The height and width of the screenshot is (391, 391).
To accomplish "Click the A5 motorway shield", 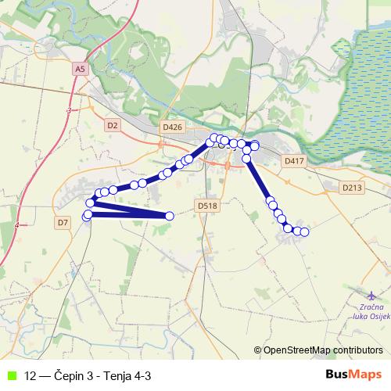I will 81,69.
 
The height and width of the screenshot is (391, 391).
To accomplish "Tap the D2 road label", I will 112,124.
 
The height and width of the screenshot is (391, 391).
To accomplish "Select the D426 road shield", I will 172,127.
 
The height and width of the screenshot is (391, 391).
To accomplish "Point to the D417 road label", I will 293,160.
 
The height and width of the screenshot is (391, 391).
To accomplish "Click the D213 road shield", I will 353,188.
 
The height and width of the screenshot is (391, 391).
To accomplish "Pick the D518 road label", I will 206,206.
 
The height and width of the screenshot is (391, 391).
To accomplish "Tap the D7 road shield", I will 63,223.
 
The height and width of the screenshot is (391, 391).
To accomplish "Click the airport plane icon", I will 371,296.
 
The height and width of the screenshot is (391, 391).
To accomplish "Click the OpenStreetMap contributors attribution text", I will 322,350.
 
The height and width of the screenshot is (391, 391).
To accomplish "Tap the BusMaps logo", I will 353,375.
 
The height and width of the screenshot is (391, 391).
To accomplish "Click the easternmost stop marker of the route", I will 305,232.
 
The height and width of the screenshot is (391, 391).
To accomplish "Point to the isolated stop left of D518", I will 170,216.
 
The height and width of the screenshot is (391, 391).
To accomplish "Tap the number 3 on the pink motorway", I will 69,111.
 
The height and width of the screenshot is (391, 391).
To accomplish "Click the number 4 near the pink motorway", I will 17,225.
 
